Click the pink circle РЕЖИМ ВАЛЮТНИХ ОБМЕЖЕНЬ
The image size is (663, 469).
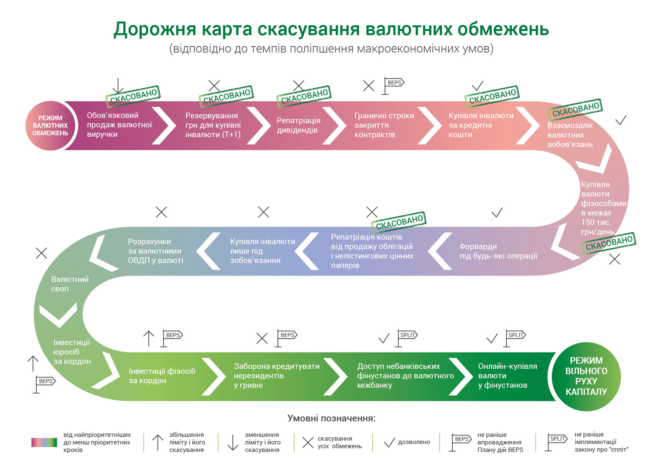pos(50,125)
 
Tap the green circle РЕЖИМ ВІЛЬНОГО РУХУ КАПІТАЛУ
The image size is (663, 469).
pos(586,376)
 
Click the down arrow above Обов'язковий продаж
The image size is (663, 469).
pos(118,86)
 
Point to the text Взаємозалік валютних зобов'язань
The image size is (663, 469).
pos(570,135)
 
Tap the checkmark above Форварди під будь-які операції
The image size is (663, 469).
pos(497,212)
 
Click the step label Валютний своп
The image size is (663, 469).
pos(70,284)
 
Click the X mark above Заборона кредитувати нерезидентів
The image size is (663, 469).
pos(262,338)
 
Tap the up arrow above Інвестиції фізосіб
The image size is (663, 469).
pos(149,338)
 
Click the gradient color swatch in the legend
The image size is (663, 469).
pos(44,442)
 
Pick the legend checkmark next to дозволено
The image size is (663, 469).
pos(389,443)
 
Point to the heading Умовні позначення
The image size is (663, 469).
pos(331,418)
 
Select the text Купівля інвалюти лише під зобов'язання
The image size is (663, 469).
pos(262,251)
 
